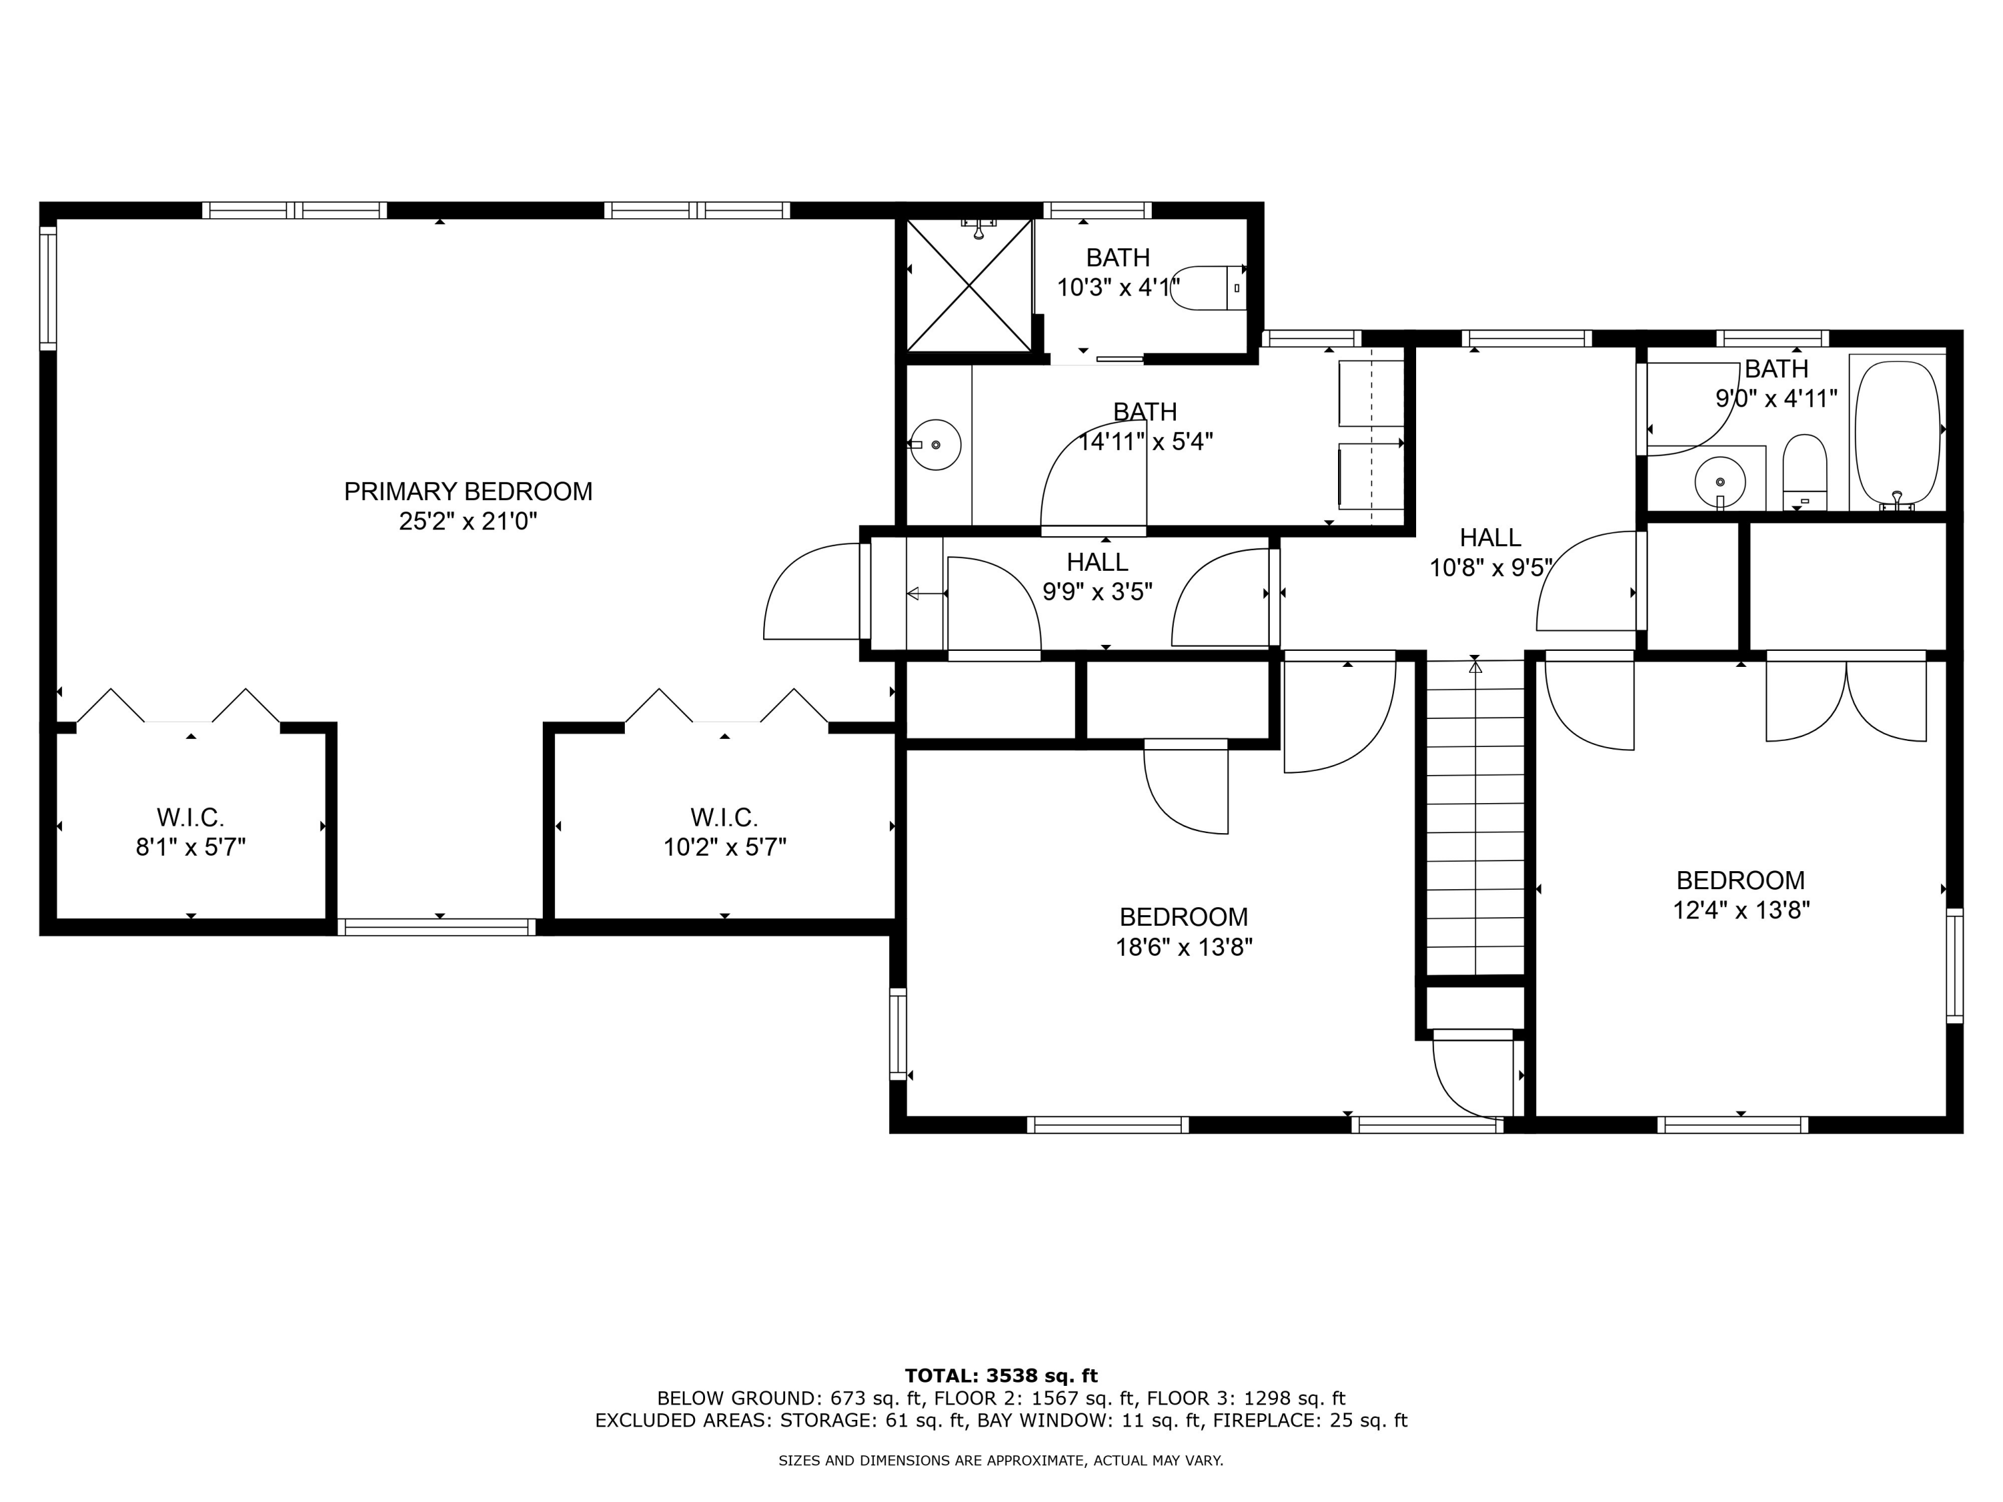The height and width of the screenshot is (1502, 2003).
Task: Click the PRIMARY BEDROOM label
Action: (x=468, y=491)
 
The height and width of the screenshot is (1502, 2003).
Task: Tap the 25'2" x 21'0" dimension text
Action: (x=468, y=521)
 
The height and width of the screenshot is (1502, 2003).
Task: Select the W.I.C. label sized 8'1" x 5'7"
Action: (x=190, y=818)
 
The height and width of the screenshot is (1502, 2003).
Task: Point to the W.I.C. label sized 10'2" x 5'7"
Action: (x=724, y=818)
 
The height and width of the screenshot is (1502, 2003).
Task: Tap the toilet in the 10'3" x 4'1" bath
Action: (x=1209, y=288)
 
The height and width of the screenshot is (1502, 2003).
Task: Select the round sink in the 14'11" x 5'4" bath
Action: (x=935, y=445)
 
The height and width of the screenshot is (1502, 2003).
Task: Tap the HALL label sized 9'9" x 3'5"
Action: (x=1098, y=562)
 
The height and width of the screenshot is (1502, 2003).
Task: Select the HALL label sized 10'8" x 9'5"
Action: (x=1490, y=538)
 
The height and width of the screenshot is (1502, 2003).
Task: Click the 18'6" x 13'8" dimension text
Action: (x=1184, y=947)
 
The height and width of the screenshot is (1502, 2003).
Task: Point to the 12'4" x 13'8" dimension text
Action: (x=1741, y=910)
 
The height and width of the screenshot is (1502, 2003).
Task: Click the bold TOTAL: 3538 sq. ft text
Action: (x=1001, y=1376)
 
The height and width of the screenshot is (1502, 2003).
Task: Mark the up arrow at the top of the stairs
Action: (x=1475, y=666)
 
